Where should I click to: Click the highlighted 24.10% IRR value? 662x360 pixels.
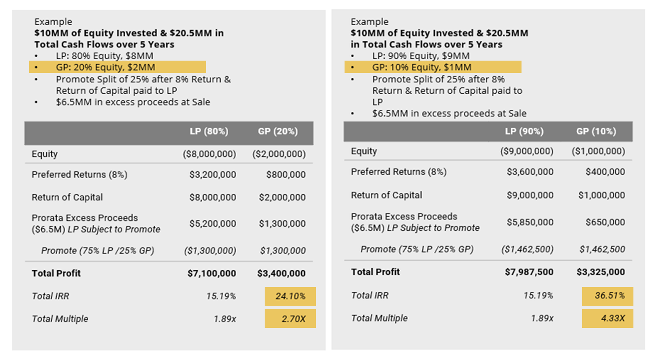coord(290,296)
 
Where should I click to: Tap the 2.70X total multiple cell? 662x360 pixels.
coord(290,319)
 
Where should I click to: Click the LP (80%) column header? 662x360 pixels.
coord(209,132)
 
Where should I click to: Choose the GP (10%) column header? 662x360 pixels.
coord(596,132)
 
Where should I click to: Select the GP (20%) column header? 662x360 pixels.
coord(278,132)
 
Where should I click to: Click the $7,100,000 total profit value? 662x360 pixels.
coord(212,273)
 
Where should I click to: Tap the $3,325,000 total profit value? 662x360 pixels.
coord(600,272)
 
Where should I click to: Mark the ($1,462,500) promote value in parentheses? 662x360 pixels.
coord(527,250)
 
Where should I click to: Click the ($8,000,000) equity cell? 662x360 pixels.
coord(209,154)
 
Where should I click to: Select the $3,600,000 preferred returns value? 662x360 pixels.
coord(530,172)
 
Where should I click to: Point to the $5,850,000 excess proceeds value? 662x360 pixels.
coord(530,222)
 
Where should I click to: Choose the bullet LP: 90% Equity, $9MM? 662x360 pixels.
coord(420,56)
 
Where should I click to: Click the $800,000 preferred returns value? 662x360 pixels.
coord(286,175)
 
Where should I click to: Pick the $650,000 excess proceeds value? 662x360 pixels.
coord(605,222)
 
